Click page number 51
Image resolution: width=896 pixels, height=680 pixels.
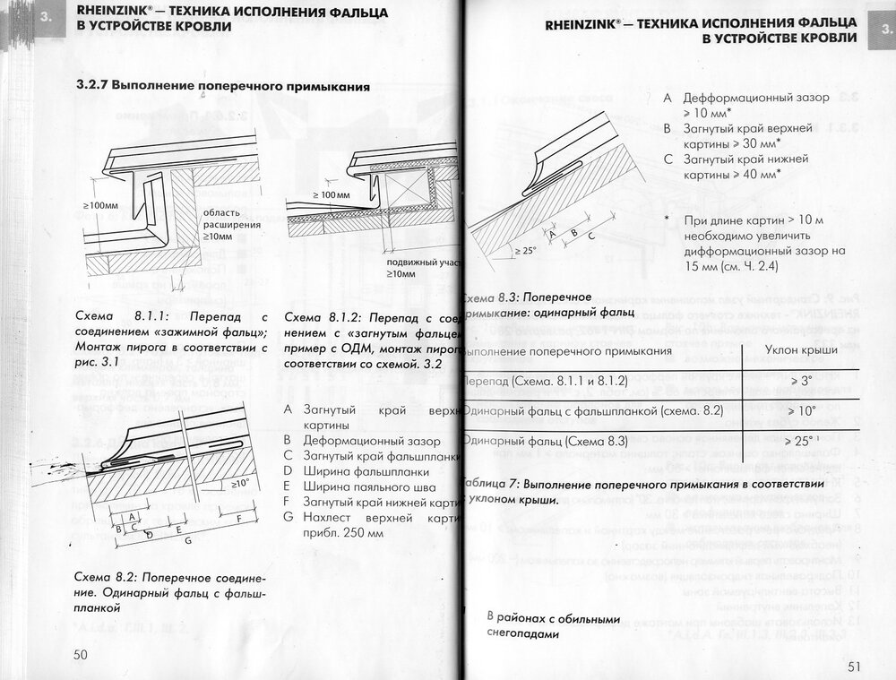(852, 666)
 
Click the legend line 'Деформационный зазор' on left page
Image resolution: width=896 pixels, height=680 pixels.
(358, 442)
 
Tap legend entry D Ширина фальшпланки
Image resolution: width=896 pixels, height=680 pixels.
(358, 471)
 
